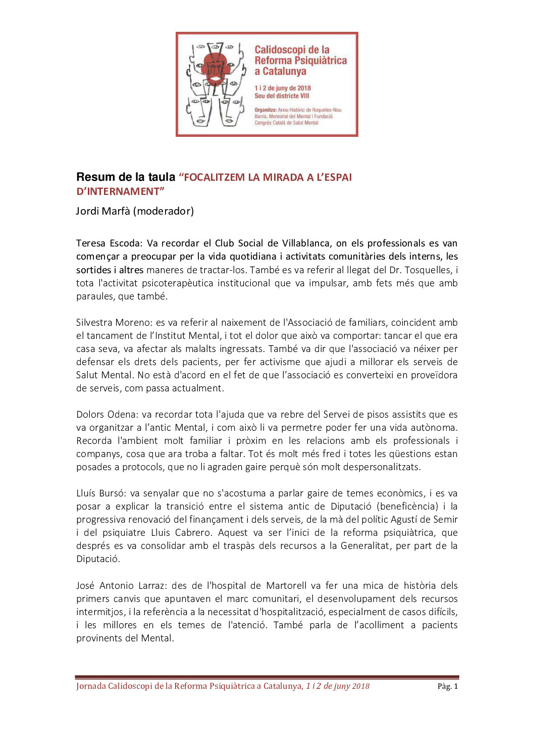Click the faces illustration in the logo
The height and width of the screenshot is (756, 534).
coord(215,84)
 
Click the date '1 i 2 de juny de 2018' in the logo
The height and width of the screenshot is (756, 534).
coord(283,88)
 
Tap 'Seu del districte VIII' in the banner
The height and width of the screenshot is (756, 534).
coord(282,96)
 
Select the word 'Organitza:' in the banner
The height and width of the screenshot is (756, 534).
coord(265,110)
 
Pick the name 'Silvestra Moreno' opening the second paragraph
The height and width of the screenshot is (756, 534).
coord(114,322)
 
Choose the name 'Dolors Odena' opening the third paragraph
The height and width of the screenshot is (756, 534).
coord(106,414)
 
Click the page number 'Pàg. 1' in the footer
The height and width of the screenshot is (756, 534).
coord(448,686)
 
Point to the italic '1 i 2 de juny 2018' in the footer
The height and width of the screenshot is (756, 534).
coord(338,686)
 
